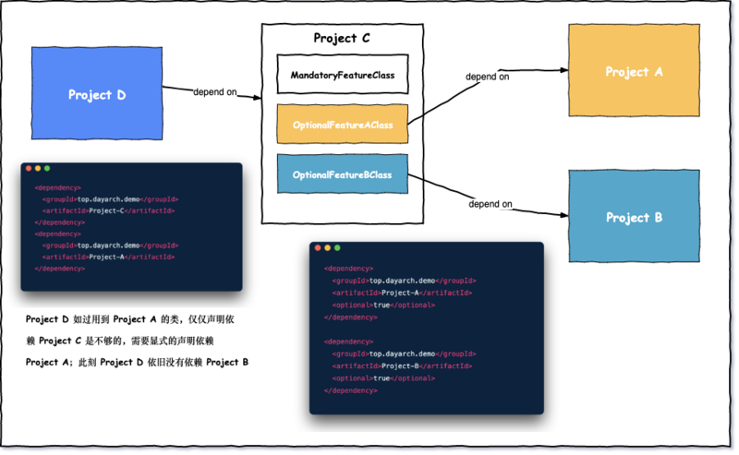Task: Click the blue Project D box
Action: click(96, 94)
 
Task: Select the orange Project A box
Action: click(633, 71)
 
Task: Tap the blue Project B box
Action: click(633, 217)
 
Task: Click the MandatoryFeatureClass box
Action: click(343, 75)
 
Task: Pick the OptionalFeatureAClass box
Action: click(343, 124)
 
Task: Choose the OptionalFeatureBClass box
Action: click(343, 174)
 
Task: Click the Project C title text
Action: click(343, 39)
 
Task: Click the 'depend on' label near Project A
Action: click(487, 77)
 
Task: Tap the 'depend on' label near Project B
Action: click(491, 203)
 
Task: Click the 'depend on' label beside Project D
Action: click(214, 91)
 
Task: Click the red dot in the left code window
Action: click(29, 168)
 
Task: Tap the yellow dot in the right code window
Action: click(328, 248)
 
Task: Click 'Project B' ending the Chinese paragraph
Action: click(227, 362)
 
